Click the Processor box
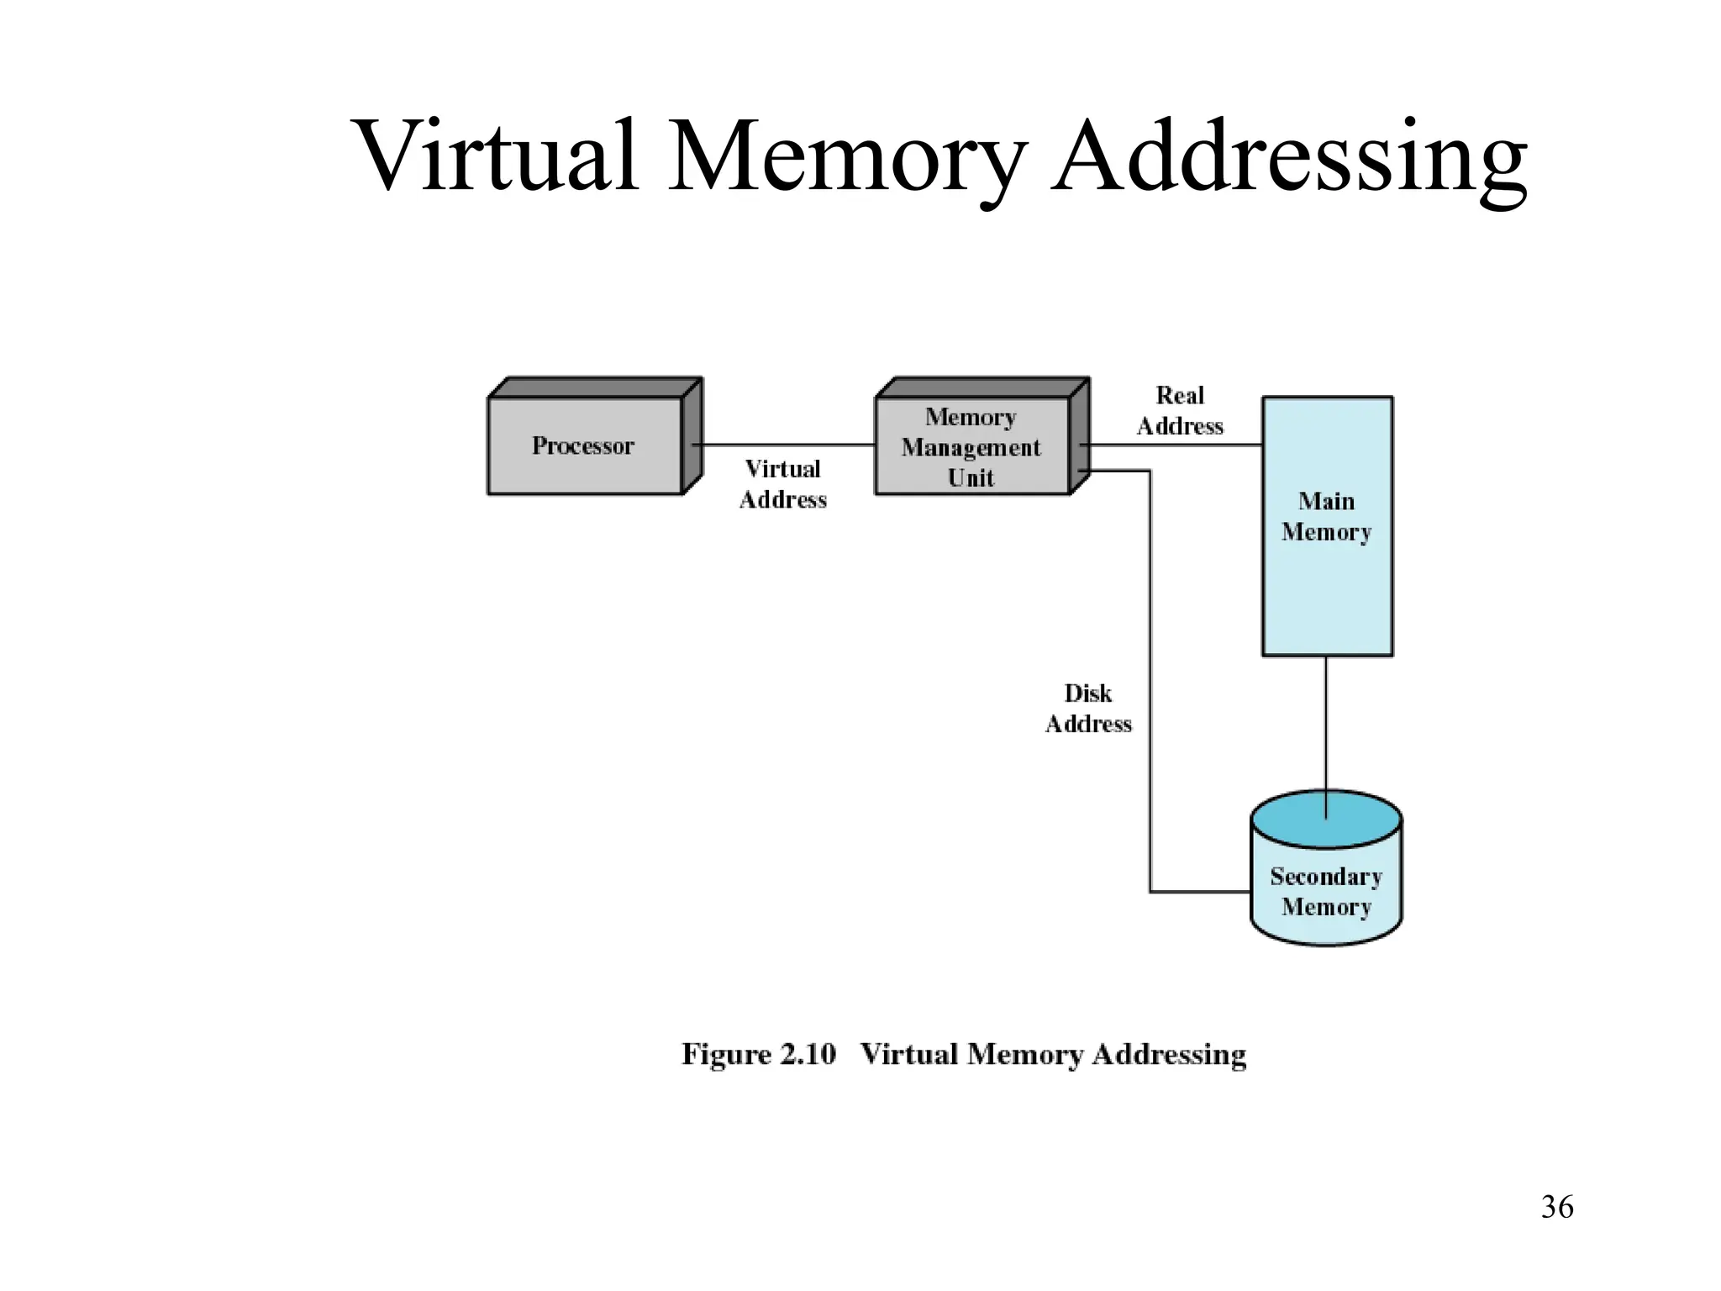584,445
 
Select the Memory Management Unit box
971,445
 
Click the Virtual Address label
782,484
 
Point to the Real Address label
1180,410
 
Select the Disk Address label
1088,709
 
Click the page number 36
1557,1208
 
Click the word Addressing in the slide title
1291,156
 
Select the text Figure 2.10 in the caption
758,1054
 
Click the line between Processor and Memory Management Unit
786,445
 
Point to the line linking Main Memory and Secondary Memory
1326,723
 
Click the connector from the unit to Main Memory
1176,445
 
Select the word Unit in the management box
971,478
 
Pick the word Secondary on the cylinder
1326,877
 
